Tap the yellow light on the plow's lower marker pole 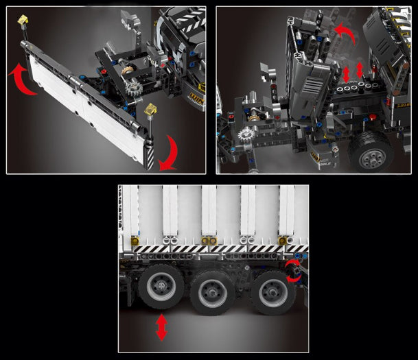[x=151, y=108]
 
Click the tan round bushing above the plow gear [x=127, y=71]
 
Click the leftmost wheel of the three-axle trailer [x=160, y=287]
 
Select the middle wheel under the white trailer [x=212, y=291]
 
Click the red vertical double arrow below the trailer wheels [x=162, y=326]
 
